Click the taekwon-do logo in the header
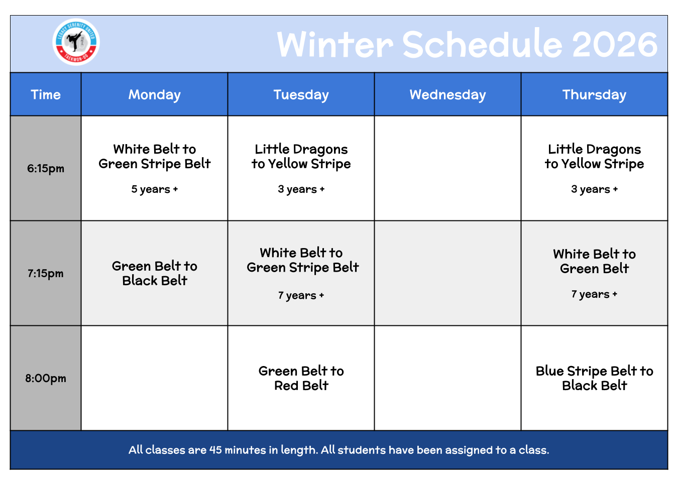[76, 42]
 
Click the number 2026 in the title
[615, 45]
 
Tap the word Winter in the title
[335, 45]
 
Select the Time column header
[46, 94]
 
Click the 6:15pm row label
[46, 168]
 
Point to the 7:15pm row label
[46, 274]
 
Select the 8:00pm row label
[46, 379]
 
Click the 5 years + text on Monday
[155, 189]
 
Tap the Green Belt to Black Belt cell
[155, 274]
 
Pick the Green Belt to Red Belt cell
[301, 379]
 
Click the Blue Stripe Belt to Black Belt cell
[594, 379]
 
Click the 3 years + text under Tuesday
[301, 189]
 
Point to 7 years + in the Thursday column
[594, 294]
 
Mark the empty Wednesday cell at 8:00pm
[448, 379]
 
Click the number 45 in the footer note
[215, 450]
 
